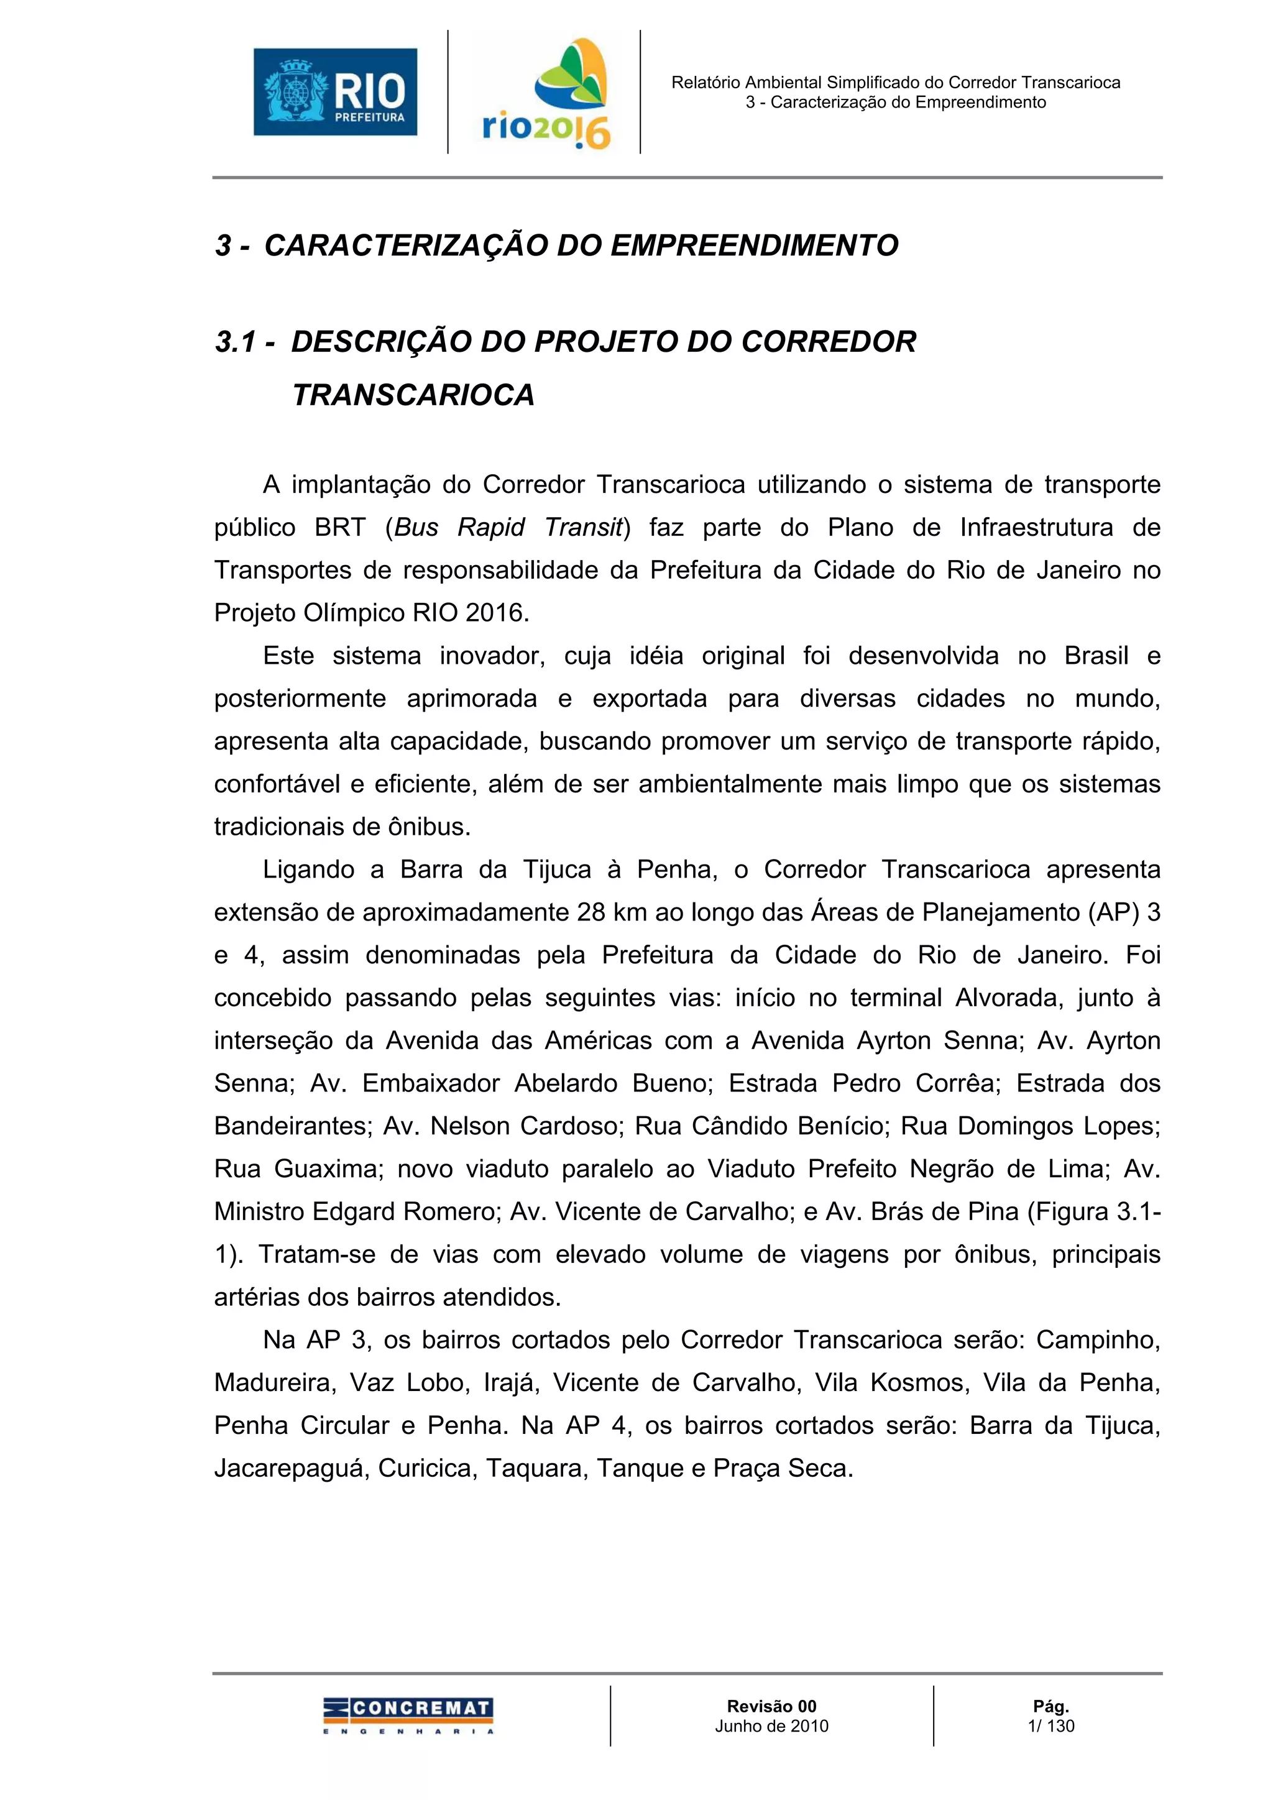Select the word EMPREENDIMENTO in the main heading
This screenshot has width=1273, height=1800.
[754, 246]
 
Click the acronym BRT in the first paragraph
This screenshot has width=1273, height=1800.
[340, 528]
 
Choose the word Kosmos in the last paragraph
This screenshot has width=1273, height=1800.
[892, 1382]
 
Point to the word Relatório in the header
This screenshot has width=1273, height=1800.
[706, 82]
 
